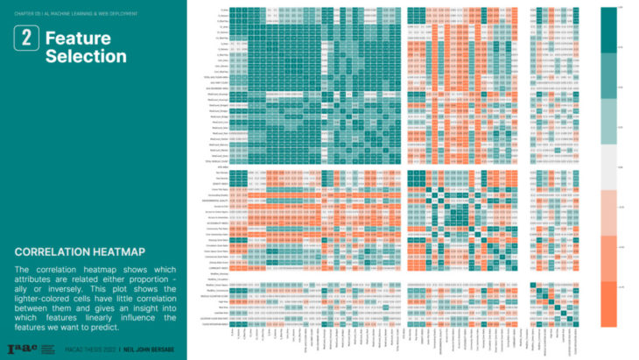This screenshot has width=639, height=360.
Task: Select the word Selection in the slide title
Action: point(85,56)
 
